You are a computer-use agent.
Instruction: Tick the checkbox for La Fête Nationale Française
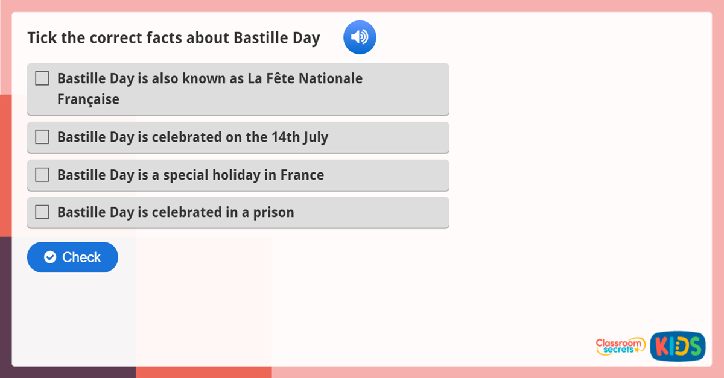[x=42, y=78]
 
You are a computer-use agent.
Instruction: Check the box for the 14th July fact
[x=42, y=137]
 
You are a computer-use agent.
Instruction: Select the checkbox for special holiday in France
[x=42, y=175]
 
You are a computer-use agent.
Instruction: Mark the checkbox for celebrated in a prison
[x=42, y=212]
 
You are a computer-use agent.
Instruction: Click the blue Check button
[x=72, y=257]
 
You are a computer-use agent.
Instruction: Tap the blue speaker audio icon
[x=360, y=37]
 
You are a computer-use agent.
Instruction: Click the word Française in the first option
[x=88, y=99]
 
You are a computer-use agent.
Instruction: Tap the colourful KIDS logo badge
[x=678, y=347]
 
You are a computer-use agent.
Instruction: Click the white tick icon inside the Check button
[x=50, y=257]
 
